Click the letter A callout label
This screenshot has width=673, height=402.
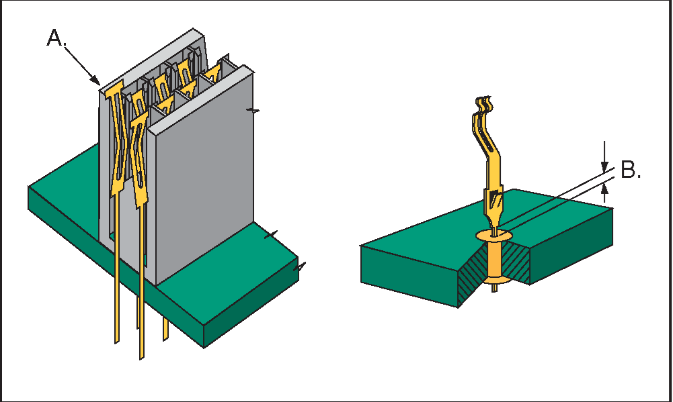(x=56, y=38)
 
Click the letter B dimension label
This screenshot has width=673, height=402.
(x=631, y=170)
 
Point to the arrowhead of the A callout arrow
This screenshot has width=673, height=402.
(x=96, y=80)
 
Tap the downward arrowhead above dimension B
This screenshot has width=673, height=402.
(x=604, y=166)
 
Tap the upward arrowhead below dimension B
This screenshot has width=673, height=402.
(x=604, y=189)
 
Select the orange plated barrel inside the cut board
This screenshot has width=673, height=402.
(x=494, y=260)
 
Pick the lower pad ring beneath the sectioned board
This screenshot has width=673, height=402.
(x=495, y=281)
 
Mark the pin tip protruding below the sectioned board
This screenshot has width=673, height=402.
(x=494, y=289)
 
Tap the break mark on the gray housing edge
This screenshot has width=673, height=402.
(x=253, y=111)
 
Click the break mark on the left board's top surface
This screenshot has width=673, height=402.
(x=271, y=235)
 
